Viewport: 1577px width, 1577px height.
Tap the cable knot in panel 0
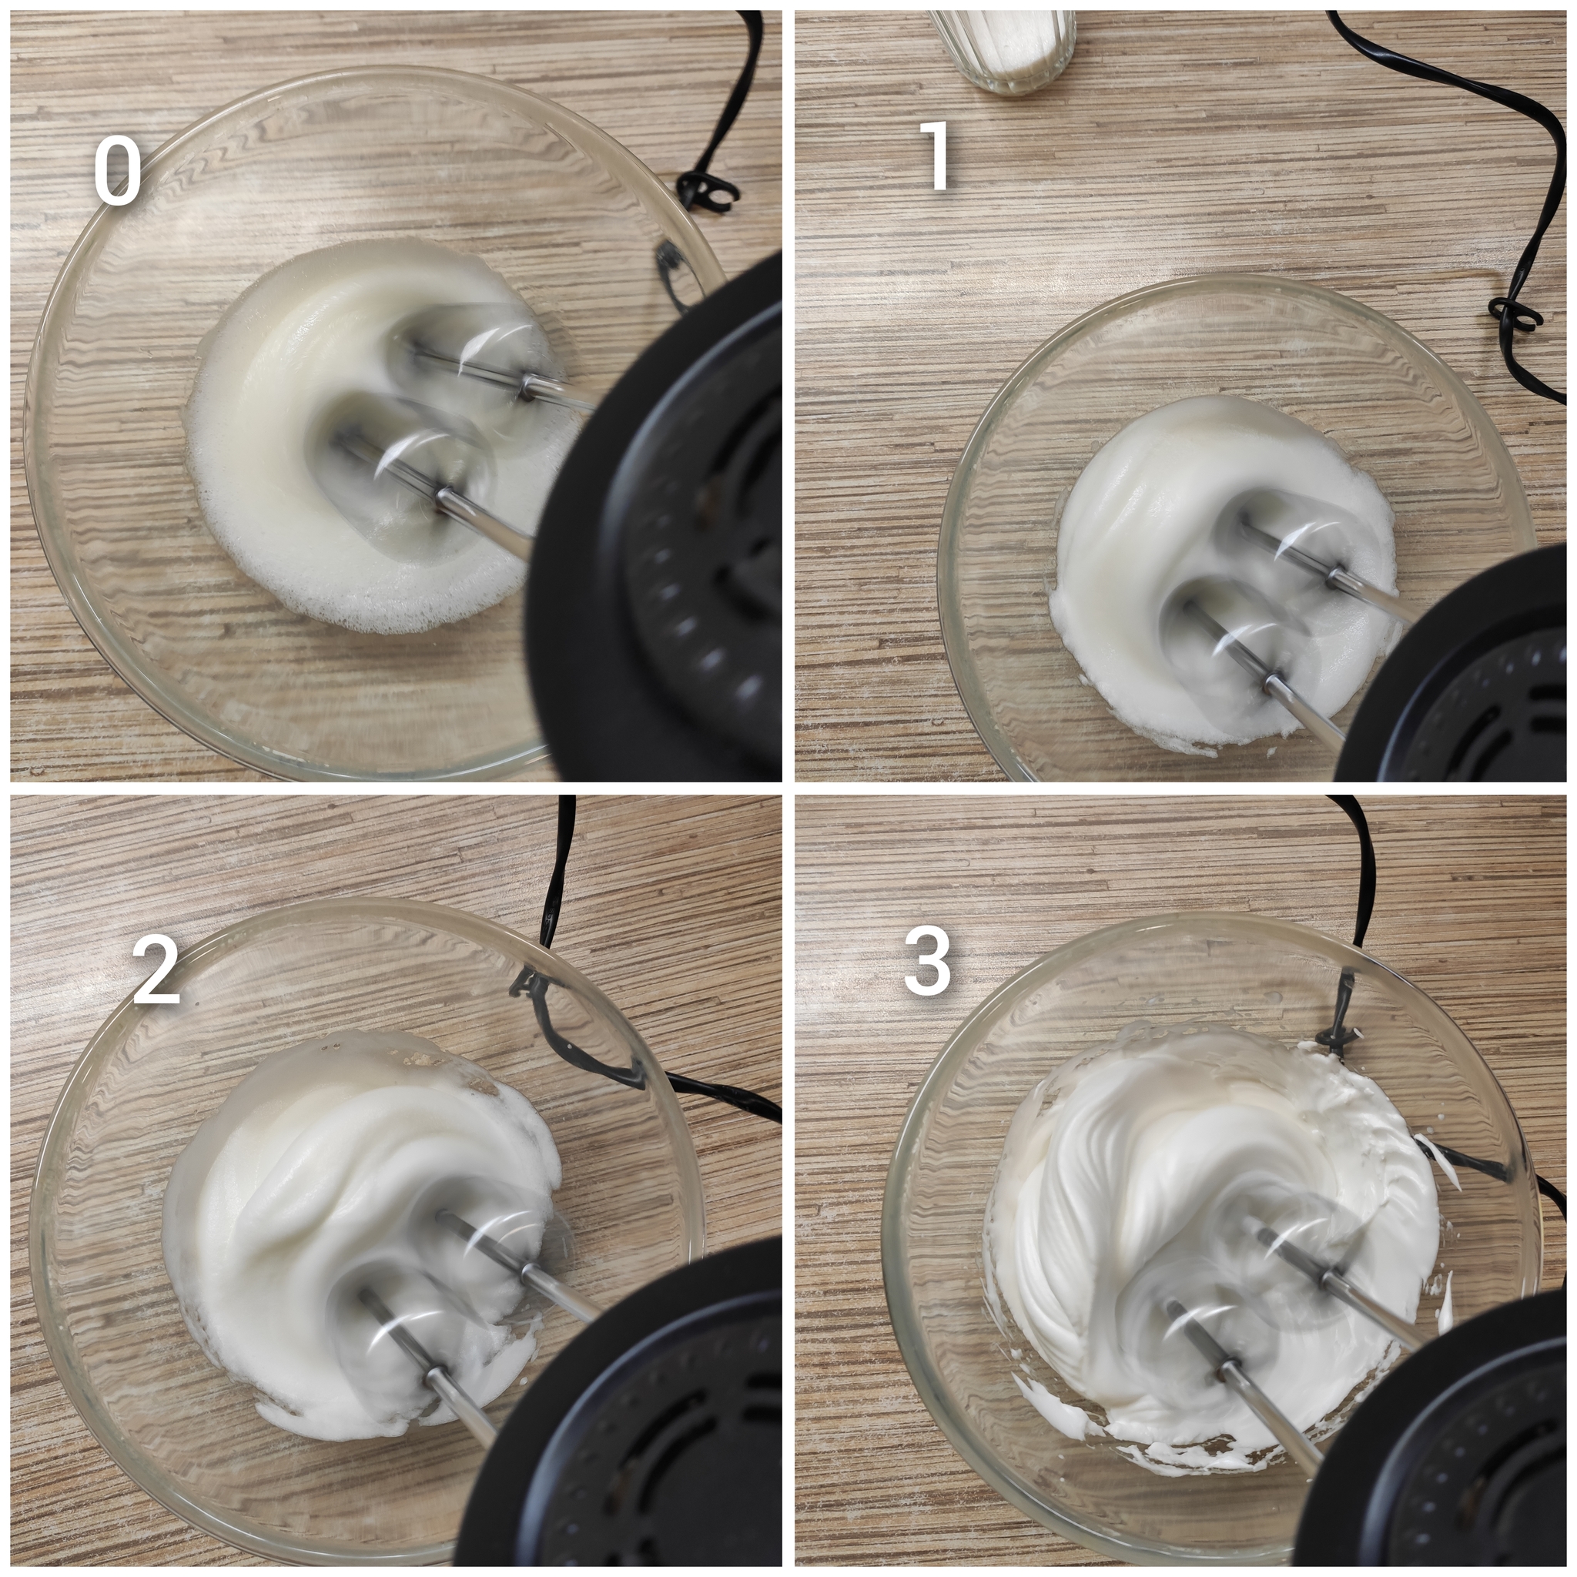707,189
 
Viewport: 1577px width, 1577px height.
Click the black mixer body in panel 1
1461,669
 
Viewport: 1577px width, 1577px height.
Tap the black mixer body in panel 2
628,1420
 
